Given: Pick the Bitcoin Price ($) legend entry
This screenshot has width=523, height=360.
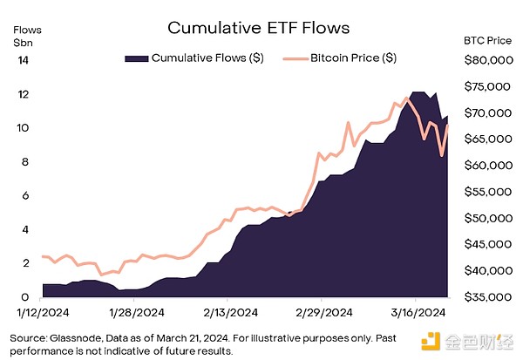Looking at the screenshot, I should click(x=353, y=58).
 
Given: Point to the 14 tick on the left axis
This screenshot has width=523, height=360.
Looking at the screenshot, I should click(x=23, y=60).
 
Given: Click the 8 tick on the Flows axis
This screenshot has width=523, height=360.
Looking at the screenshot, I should click(x=25, y=162).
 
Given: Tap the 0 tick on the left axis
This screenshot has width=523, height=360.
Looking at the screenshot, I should click(x=25, y=297).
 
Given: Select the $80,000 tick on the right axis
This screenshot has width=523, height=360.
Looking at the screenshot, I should click(x=486, y=60).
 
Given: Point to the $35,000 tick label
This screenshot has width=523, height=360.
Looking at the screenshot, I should click(x=486, y=298).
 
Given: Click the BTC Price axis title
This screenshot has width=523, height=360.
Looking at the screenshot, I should click(x=486, y=39).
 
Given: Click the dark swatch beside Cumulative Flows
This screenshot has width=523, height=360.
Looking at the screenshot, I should click(x=136, y=58).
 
